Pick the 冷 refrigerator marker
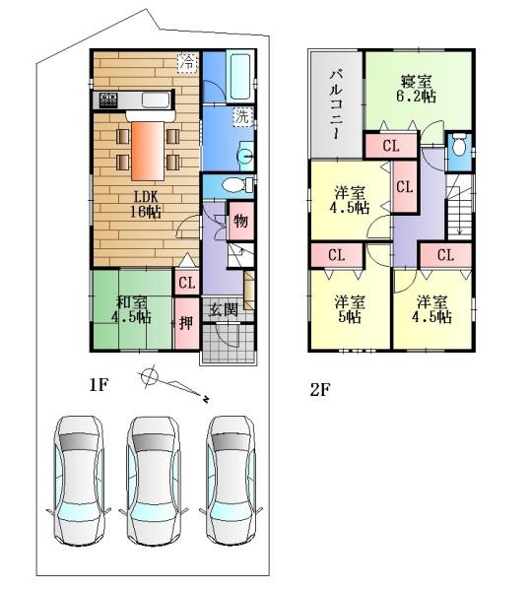(x=186, y=62)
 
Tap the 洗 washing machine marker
(x=241, y=116)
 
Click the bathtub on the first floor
(x=228, y=74)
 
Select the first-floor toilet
(x=232, y=185)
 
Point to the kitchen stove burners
(x=107, y=99)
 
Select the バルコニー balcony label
(x=335, y=102)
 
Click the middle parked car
(x=149, y=479)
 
